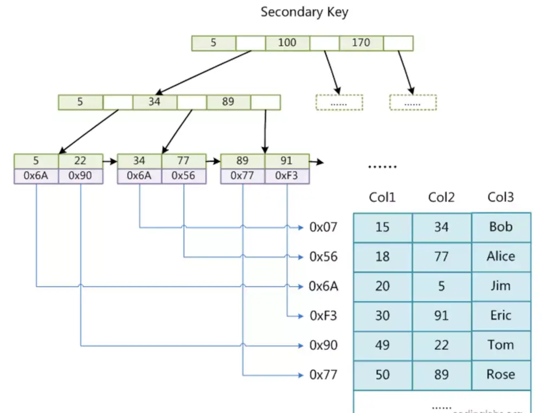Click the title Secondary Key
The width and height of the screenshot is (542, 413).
(x=304, y=12)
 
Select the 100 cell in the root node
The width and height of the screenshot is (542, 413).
(x=287, y=43)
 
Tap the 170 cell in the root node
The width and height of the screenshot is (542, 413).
(x=361, y=43)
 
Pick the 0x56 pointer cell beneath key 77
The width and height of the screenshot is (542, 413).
(x=183, y=176)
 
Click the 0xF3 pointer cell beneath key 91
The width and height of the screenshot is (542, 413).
(x=286, y=176)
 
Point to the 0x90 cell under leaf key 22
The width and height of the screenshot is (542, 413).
(x=80, y=176)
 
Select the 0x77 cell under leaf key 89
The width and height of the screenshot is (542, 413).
(x=242, y=176)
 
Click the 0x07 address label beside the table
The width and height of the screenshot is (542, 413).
(x=323, y=227)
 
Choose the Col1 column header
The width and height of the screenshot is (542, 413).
(x=382, y=198)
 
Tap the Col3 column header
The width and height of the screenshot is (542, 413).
(x=501, y=198)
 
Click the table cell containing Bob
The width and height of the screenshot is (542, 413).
(x=501, y=227)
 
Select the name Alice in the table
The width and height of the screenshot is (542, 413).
(x=501, y=256)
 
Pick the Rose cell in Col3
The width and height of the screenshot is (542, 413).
(x=501, y=374)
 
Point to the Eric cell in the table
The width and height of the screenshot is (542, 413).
(x=501, y=315)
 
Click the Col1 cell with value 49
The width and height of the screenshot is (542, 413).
(x=382, y=345)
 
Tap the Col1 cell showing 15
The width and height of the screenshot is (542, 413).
(x=382, y=227)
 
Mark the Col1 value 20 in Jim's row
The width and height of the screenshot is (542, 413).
(x=382, y=286)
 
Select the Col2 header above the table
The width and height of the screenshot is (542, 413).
(x=441, y=198)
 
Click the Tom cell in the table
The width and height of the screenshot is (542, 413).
(x=501, y=345)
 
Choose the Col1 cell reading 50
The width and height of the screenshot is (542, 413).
(x=382, y=374)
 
